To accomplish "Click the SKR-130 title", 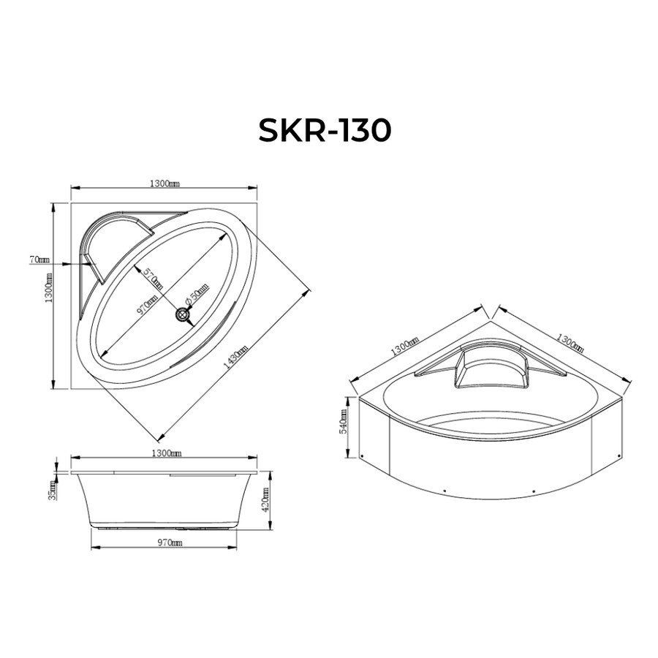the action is pyautogui.click(x=325, y=130).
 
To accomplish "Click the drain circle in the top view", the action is pyautogui.click(x=183, y=314).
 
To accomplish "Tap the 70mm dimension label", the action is pyautogui.click(x=39, y=260).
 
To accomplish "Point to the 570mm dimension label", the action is pyautogui.click(x=153, y=278).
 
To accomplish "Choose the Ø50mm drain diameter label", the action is pyautogui.click(x=197, y=293).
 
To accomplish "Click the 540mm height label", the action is pyautogui.click(x=344, y=421).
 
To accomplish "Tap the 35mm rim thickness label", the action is pyautogui.click(x=53, y=490).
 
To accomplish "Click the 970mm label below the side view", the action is pyautogui.click(x=170, y=542).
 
